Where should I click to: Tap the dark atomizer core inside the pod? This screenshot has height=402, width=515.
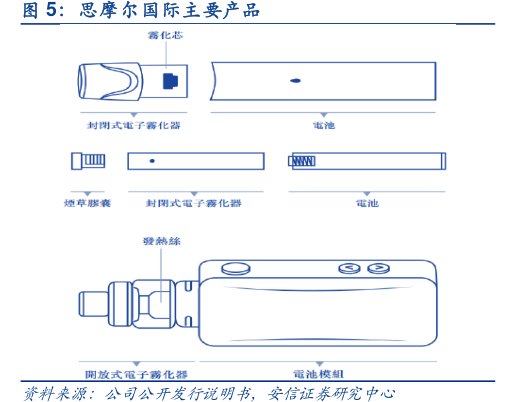(x=169, y=78)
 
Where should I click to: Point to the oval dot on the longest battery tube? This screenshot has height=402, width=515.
(x=296, y=78)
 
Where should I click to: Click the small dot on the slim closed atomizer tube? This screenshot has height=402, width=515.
(x=151, y=161)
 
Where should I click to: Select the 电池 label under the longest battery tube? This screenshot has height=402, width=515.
(x=324, y=126)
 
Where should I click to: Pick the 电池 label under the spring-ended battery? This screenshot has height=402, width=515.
(x=368, y=203)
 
